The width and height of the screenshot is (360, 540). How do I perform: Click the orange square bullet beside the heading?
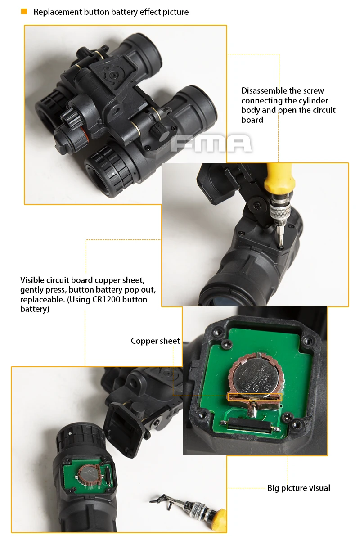point(24,11)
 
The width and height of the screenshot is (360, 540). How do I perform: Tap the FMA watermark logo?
point(211,144)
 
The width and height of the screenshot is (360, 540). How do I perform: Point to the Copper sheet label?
point(155,341)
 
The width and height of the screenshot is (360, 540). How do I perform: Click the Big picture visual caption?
point(299,488)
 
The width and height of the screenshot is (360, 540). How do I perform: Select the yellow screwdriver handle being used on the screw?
point(279,178)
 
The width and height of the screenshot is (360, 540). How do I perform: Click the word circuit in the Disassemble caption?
point(324,110)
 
